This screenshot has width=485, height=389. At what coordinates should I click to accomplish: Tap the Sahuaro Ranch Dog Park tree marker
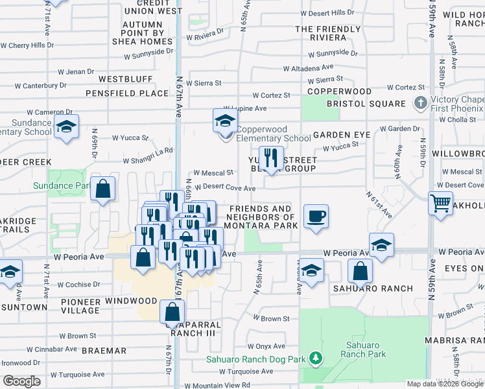315,357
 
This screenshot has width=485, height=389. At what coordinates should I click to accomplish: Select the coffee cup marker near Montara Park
316,217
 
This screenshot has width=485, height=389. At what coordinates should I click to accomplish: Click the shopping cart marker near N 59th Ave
440,203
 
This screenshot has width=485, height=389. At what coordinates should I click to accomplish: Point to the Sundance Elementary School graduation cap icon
66,127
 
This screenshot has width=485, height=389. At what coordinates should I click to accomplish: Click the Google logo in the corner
21,381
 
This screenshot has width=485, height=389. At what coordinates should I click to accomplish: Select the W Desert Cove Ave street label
224,187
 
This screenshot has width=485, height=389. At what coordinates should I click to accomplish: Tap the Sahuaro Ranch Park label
366,349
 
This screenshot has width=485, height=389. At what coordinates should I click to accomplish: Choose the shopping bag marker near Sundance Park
102,189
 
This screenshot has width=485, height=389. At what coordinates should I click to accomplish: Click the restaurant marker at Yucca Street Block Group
271,158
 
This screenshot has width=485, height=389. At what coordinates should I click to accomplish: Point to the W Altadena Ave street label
308,67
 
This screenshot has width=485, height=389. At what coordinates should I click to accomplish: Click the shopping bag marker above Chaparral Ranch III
172,312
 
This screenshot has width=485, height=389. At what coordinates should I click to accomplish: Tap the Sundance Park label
62,186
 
